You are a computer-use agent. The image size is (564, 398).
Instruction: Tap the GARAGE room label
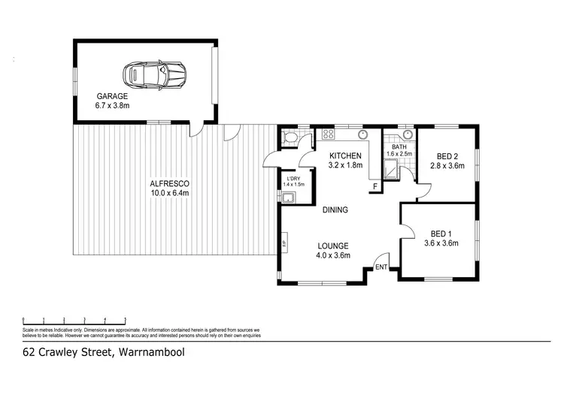(111, 96)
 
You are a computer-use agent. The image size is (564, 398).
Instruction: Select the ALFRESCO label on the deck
(168, 183)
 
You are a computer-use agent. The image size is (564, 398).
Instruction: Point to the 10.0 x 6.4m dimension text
(168, 193)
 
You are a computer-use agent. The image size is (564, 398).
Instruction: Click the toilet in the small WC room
(289, 137)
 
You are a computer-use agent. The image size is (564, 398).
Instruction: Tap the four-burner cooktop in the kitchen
(328, 135)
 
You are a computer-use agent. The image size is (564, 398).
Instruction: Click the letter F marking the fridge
(374, 185)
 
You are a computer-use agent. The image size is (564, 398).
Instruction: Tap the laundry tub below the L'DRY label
(288, 197)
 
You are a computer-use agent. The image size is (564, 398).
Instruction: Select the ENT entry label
(381, 267)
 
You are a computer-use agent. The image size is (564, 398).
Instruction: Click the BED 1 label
(441, 233)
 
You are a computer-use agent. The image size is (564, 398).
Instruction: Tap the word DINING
(335, 210)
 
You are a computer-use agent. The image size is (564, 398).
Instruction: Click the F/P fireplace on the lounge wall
(284, 244)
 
